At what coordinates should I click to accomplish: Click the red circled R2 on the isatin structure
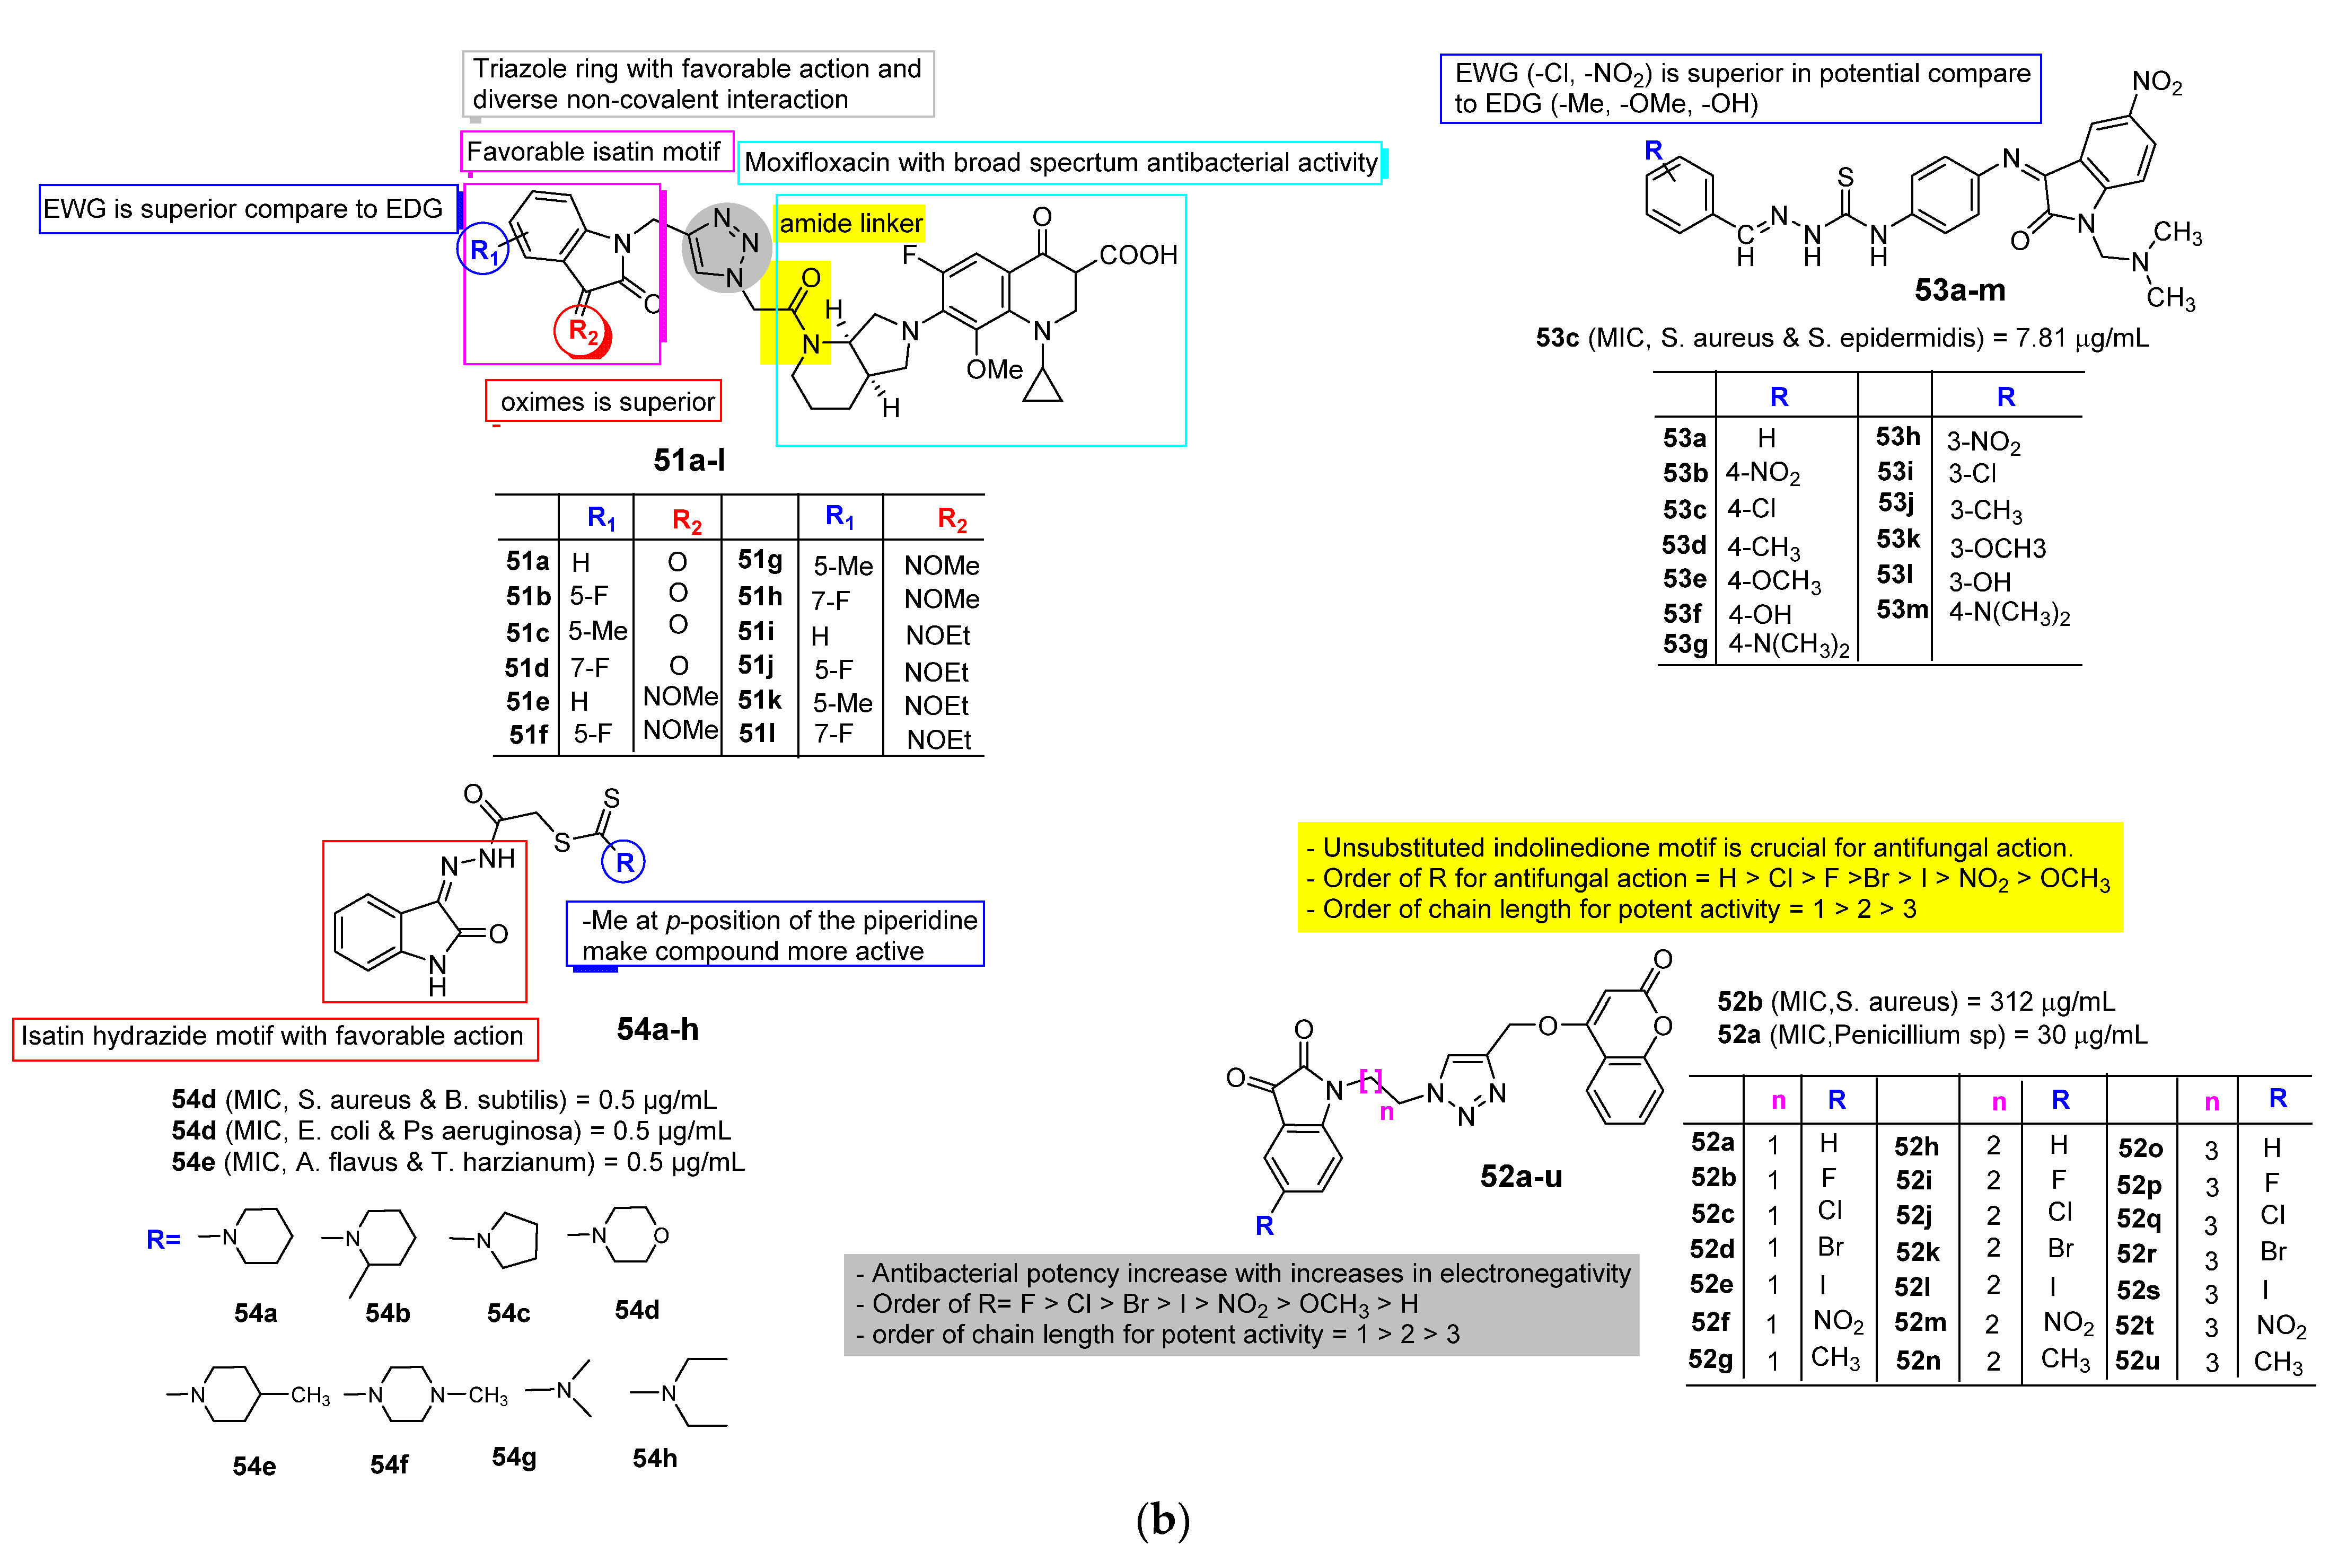point(583,331)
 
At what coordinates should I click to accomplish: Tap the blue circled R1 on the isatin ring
point(482,251)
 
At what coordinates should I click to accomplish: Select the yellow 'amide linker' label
point(850,223)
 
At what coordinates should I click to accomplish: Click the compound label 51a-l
point(689,460)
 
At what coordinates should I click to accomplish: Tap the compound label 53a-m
point(1959,290)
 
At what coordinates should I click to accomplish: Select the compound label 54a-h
point(657,1030)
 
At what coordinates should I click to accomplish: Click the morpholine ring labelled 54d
point(630,1235)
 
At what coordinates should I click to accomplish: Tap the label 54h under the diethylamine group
point(655,1458)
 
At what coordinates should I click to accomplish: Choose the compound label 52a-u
point(1520,1177)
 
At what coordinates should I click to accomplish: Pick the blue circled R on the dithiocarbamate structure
point(623,862)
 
